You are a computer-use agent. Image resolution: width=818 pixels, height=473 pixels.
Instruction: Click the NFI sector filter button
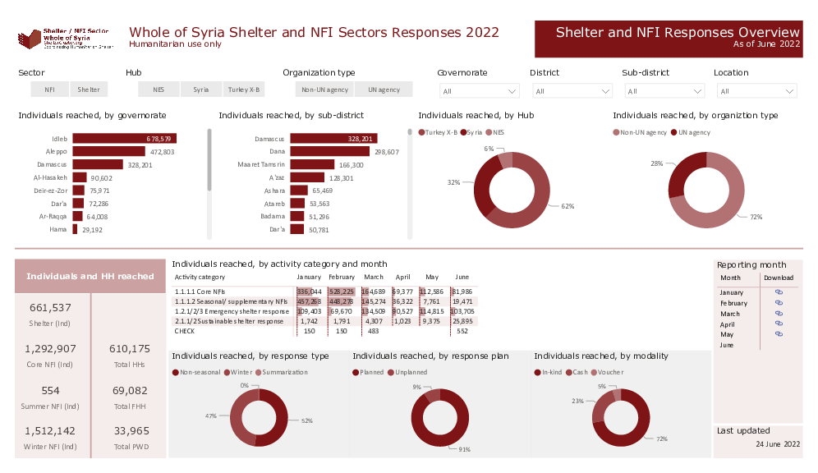click(50, 90)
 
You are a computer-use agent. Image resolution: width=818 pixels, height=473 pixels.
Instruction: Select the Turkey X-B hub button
click(244, 90)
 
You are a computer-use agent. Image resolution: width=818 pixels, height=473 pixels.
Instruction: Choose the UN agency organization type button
click(384, 90)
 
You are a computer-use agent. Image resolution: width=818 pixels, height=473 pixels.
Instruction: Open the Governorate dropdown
click(479, 91)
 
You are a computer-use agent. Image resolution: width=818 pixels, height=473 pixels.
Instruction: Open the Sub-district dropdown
click(664, 91)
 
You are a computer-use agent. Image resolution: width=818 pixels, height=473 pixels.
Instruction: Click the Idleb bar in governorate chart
click(124, 138)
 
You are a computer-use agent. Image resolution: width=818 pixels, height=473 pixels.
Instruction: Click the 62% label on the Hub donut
click(568, 206)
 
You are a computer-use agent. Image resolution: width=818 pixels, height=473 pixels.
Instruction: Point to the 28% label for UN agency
click(656, 163)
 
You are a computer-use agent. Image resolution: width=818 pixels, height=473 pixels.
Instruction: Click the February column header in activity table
click(342, 278)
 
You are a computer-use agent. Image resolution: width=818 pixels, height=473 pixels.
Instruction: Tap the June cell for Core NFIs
click(463, 292)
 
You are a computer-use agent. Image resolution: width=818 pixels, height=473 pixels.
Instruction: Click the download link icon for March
click(779, 313)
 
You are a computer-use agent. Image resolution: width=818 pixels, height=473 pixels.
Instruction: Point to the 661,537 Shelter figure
click(50, 308)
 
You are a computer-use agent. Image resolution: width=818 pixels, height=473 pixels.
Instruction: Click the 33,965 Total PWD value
click(131, 430)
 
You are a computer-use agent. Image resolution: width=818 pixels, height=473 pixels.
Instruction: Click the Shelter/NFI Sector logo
click(66, 39)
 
